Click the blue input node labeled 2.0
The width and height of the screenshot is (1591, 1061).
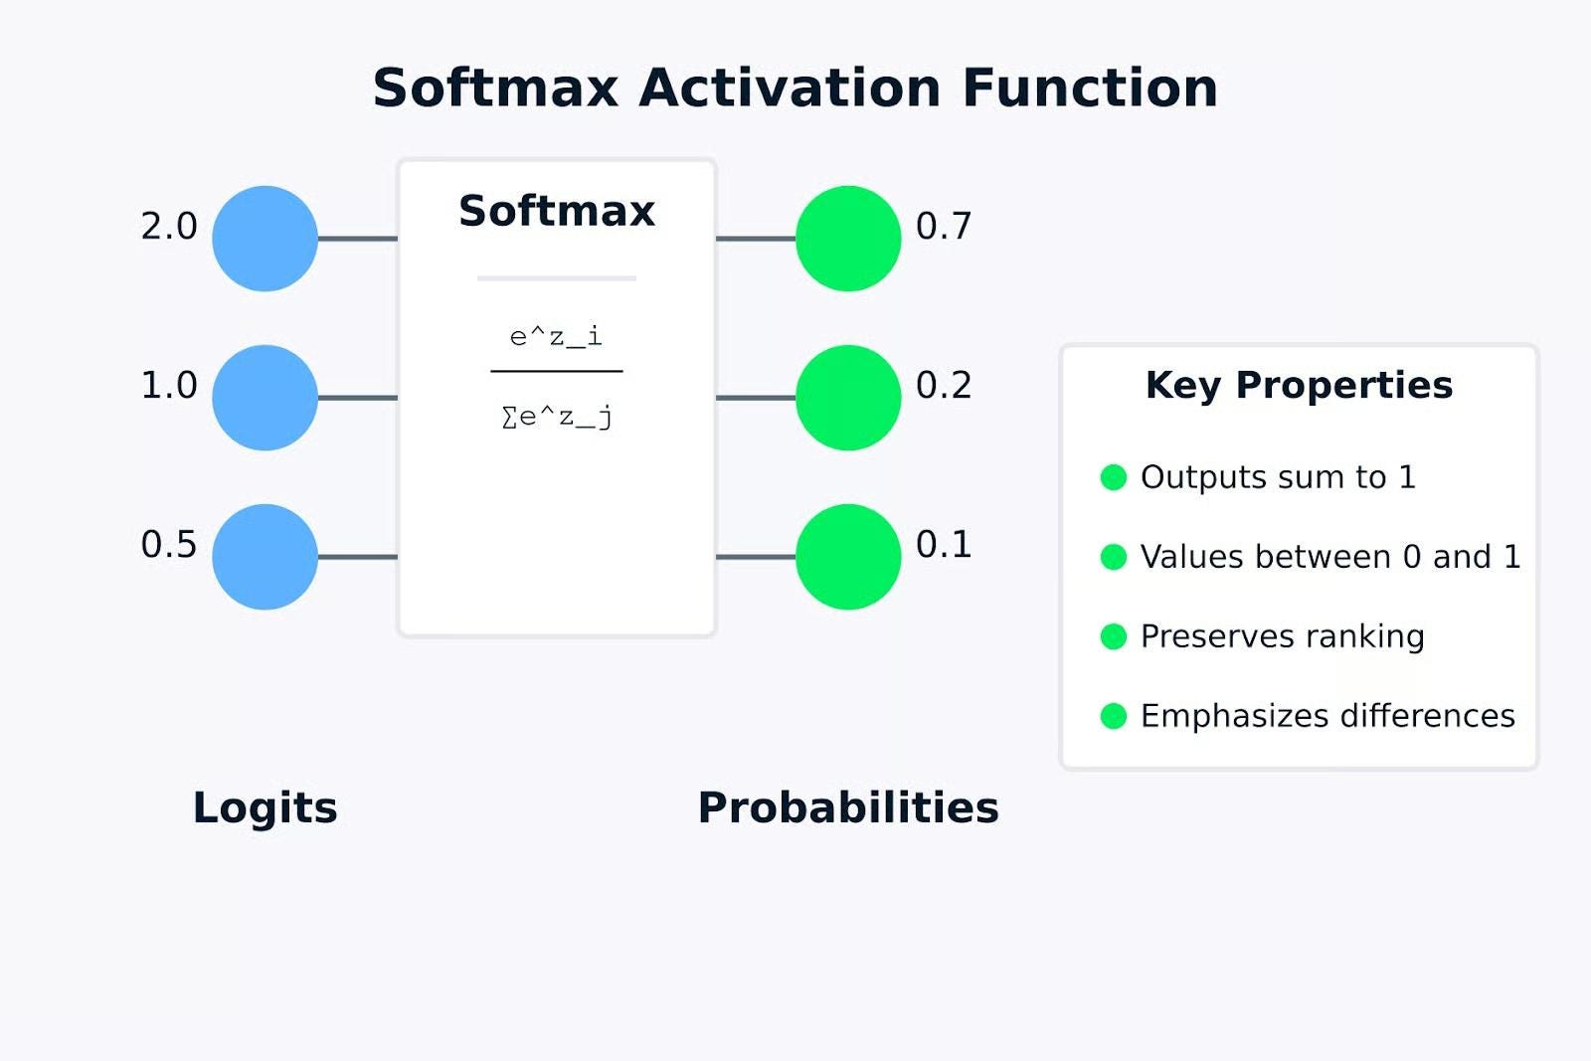(x=265, y=239)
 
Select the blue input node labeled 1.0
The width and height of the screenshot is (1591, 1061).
(x=265, y=398)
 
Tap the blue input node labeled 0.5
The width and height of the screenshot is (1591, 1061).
(x=265, y=557)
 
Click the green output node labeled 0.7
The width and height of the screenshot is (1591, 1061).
(x=848, y=239)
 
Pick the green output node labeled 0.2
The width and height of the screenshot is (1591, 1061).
(x=848, y=398)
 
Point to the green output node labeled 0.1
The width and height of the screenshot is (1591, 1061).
(x=848, y=557)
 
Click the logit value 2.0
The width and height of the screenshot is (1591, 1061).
(x=169, y=227)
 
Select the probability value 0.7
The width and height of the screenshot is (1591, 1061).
(x=944, y=227)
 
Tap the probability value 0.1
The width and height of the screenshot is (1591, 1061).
(x=944, y=545)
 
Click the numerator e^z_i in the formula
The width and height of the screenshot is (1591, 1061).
(x=556, y=336)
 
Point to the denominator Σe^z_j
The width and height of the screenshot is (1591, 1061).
(x=557, y=417)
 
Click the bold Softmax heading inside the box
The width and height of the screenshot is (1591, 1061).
(x=557, y=211)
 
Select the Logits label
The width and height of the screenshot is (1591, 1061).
(x=265, y=808)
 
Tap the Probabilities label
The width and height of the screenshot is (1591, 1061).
(x=848, y=807)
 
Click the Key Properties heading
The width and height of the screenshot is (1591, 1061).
(x=1299, y=386)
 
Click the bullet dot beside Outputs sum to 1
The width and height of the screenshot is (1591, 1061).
(x=1113, y=477)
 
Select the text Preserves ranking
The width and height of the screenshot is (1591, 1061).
(x=1283, y=636)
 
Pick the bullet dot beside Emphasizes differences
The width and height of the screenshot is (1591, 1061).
(x=1113, y=716)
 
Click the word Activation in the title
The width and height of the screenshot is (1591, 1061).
(x=790, y=88)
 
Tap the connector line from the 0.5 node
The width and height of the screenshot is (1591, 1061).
(x=358, y=557)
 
